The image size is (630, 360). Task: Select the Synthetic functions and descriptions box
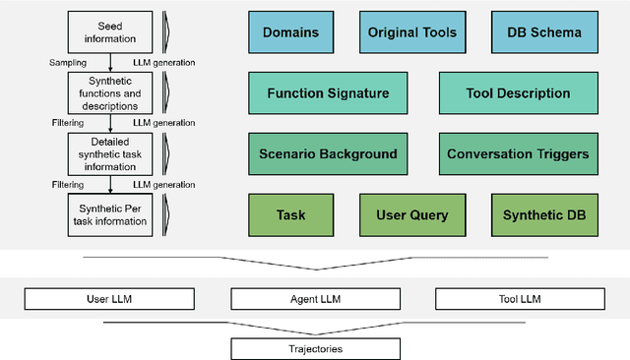(109, 94)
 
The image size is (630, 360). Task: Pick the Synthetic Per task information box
(109, 214)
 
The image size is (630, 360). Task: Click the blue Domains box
(292, 32)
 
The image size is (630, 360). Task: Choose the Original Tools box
(412, 32)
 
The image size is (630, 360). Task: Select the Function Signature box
(328, 93)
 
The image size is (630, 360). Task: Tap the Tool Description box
(518, 93)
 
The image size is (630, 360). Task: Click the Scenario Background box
(328, 154)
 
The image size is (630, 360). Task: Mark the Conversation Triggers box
(518, 154)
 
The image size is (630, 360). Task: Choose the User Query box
(412, 214)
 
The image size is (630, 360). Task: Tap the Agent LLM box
(315, 296)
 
